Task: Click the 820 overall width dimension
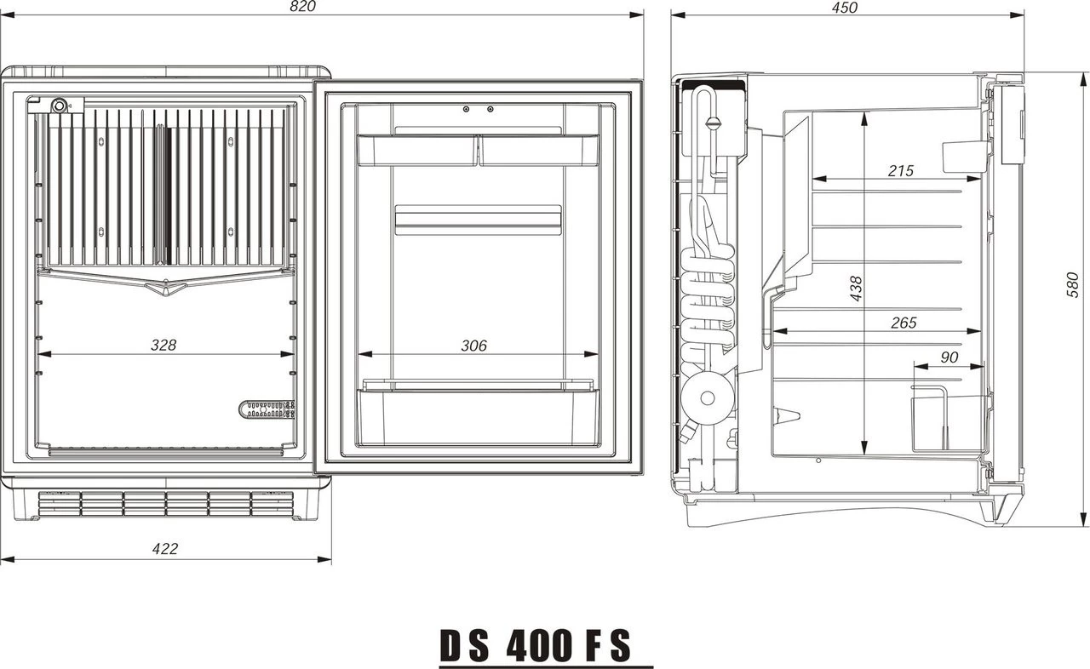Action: point(303,7)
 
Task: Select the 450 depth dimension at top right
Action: point(844,8)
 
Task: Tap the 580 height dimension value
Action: point(1074,284)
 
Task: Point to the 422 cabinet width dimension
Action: point(164,549)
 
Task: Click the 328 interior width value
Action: point(163,345)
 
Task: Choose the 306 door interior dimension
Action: point(473,345)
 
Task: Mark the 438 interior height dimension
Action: point(857,288)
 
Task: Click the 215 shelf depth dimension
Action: point(900,170)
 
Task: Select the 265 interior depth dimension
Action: point(903,323)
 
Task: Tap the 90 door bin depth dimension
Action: point(948,358)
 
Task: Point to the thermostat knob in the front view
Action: point(60,106)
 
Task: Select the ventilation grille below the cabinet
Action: point(166,503)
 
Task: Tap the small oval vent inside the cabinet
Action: point(267,409)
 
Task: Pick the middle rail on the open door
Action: point(478,220)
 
